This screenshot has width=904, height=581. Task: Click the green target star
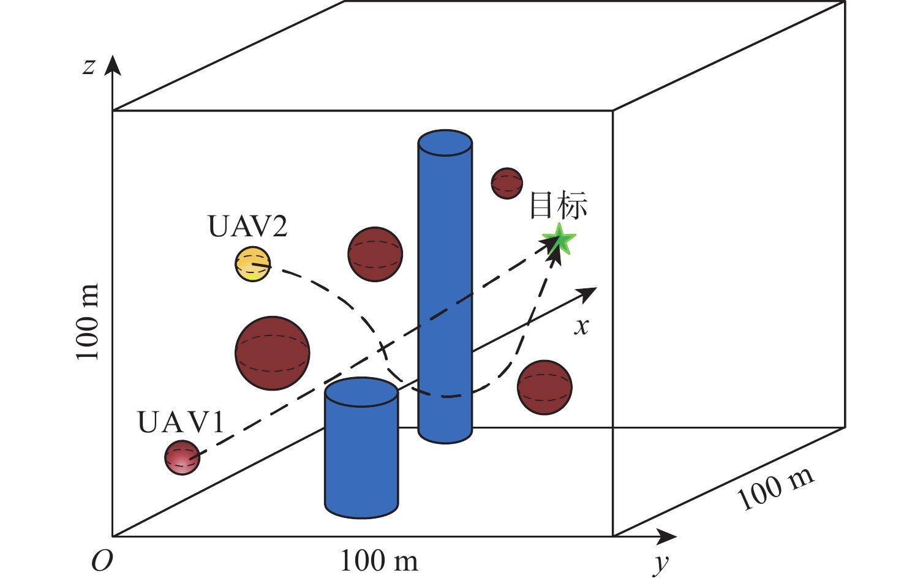click(x=559, y=240)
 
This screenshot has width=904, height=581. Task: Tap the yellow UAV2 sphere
click(x=252, y=264)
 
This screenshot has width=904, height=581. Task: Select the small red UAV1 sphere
click(x=183, y=457)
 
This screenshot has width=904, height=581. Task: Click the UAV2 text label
click(x=248, y=227)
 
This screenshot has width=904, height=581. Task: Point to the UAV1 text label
click(x=181, y=422)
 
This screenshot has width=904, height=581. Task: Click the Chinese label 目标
click(x=559, y=206)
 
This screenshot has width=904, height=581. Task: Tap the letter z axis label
click(x=89, y=67)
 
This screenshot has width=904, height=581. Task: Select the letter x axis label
click(x=582, y=326)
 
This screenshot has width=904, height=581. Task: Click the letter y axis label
click(x=660, y=564)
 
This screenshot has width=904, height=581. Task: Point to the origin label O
click(x=102, y=561)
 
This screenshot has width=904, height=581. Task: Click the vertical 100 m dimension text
click(x=87, y=321)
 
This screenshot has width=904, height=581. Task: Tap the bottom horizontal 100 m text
click(x=379, y=561)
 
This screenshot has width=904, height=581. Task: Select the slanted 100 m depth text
click(x=775, y=489)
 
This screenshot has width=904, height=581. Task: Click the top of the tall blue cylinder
click(x=445, y=143)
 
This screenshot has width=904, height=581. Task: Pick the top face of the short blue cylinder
click(x=361, y=392)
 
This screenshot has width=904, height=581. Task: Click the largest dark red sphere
click(x=273, y=353)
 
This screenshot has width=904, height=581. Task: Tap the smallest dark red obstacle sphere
click(x=507, y=183)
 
